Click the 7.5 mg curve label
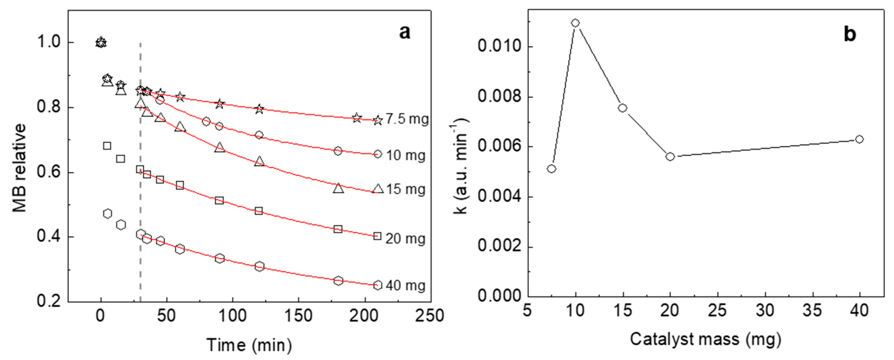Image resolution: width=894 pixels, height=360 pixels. click(407, 119)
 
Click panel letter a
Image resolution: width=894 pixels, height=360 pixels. click(404, 32)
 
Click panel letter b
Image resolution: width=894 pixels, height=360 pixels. click(850, 34)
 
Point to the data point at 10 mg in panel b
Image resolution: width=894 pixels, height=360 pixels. click(575, 23)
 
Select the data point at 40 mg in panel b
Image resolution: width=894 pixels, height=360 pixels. click(859, 139)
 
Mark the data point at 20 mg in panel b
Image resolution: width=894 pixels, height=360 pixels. click(670, 157)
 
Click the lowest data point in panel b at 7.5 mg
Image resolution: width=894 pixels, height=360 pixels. click(551, 169)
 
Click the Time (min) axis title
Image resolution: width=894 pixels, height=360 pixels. click(249, 345)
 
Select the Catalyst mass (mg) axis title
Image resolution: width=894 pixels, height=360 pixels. click(705, 339)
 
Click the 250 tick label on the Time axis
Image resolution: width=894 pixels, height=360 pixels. click(430, 316)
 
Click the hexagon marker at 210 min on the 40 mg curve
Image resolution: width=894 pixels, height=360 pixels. click(378, 285)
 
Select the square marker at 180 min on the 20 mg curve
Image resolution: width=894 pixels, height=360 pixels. click(338, 229)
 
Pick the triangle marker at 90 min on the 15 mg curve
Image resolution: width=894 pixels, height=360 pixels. click(219, 148)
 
